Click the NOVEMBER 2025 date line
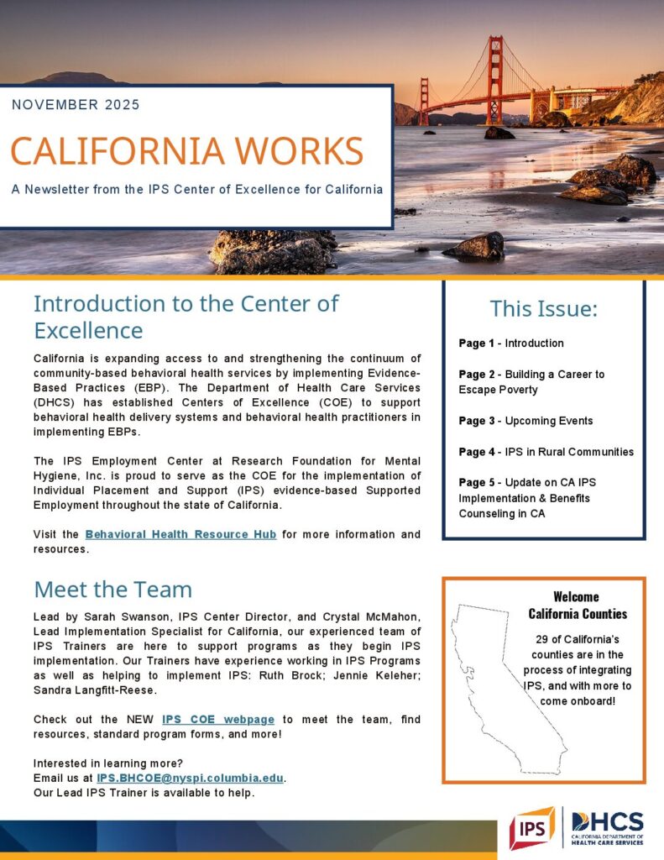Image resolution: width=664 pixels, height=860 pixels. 76,105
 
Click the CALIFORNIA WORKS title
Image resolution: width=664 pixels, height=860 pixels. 187,150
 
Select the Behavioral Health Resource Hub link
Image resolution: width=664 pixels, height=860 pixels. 180,534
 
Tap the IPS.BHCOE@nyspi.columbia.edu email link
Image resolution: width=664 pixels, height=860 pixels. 191,778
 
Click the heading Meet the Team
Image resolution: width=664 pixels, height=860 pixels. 112,589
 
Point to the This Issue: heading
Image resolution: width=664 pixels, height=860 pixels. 543,309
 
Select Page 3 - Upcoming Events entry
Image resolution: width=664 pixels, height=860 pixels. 525,421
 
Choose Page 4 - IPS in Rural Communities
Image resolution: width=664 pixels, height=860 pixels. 546,452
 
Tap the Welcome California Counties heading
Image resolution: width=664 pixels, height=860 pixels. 578,605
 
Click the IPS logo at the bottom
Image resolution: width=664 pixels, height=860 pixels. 531,828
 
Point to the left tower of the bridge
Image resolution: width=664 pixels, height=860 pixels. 424,101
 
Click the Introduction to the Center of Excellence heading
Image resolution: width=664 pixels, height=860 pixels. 186,315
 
